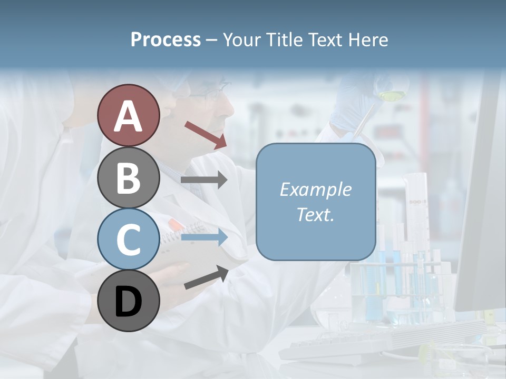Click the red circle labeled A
[128, 115]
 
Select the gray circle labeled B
[128, 177]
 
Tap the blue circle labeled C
[128, 239]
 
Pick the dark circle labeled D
[128, 301]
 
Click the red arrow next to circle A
[206, 135]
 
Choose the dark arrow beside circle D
[206, 277]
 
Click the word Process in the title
[166, 39]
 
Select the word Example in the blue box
[316, 189]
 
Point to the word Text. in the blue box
[316, 215]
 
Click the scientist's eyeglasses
[211, 92]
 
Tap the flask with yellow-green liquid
[391, 95]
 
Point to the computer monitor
[482, 211]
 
